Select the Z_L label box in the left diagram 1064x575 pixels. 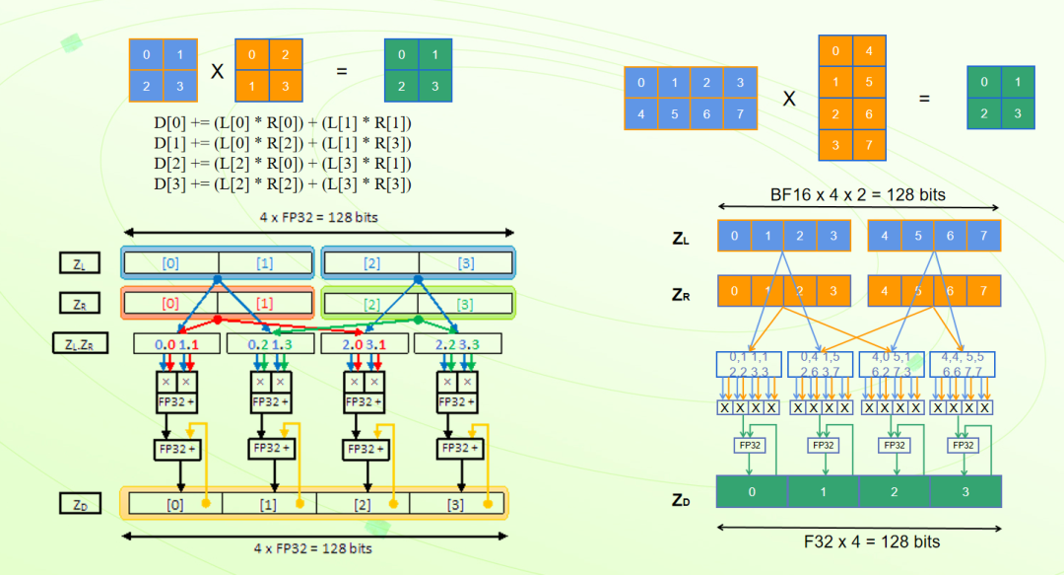tap(79, 262)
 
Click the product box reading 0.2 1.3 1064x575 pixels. tap(269, 344)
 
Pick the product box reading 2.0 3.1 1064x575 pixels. tap(364, 344)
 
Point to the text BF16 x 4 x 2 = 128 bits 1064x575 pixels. tap(858, 194)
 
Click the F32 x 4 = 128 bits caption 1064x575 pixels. tap(858, 541)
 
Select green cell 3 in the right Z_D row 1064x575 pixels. tap(965, 491)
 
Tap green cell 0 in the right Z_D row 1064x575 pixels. tap(752, 491)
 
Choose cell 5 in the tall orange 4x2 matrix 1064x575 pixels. tap(869, 82)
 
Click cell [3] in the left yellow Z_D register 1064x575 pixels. tap(455, 505)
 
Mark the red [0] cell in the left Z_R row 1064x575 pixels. tap(170, 303)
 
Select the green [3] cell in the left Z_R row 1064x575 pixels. tap(465, 303)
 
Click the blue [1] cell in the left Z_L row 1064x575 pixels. tap(266, 262)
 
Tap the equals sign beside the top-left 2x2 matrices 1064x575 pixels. tap(342, 72)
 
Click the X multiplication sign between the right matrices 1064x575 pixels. tap(789, 99)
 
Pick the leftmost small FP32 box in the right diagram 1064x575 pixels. tap(751, 445)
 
